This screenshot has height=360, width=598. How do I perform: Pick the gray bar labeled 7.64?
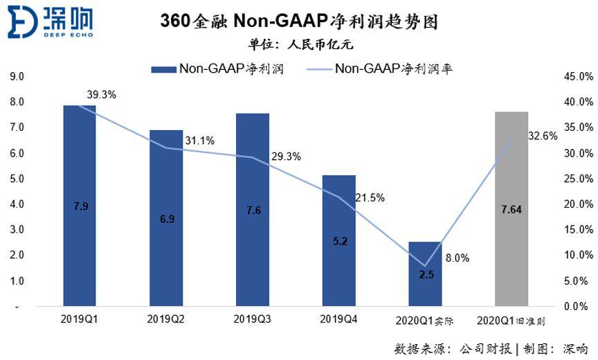[511, 208]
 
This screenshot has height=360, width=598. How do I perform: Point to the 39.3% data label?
[101, 95]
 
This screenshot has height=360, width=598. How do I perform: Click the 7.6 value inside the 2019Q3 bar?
[253, 210]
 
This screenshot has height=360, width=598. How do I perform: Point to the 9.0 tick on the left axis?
[17, 76]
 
